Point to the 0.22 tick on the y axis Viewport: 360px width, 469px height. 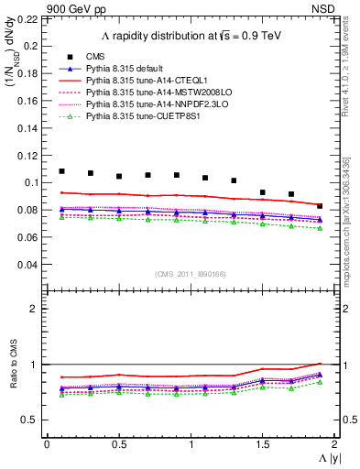[x=27, y=18]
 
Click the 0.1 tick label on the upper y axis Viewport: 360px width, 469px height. [x=31, y=182]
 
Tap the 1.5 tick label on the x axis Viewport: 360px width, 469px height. [x=263, y=443]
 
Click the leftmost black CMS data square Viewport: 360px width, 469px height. [x=61, y=171]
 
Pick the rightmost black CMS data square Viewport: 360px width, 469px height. [x=320, y=206]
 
